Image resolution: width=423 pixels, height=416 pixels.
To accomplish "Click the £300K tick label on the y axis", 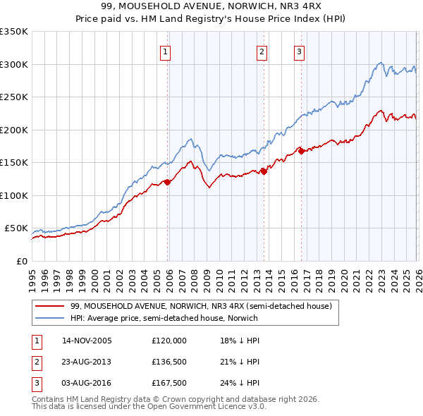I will pyautogui.click(x=14, y=64).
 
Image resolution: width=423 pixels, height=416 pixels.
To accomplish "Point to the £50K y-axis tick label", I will pyautogui.click(x=16, y=228).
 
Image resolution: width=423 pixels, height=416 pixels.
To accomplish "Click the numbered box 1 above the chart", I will pyautogui.click(x=165, y=51).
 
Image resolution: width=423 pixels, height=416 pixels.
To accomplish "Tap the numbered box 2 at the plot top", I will pyautogui.click(x=262, y=51).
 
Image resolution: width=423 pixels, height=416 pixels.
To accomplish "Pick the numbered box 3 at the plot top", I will pyautogui.click(x=299, y=51).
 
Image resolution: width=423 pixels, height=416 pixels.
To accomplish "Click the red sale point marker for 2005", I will pyautogui.click(x=167, y=182).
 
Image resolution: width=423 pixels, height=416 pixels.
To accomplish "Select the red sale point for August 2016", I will pyautogui.click(x=300, y=150).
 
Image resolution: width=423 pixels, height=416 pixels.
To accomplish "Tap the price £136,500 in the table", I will pyautogui.click(x=169, y=362).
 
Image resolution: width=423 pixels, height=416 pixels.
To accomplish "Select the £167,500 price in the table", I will pyautogui.click(x=169, y=384).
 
